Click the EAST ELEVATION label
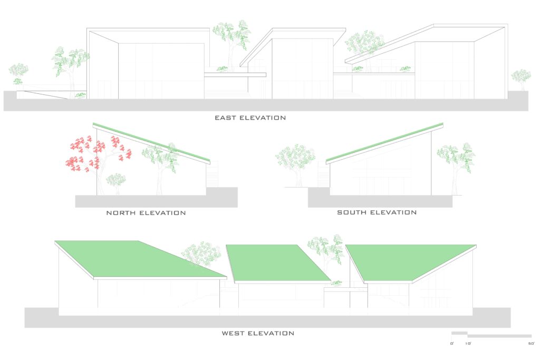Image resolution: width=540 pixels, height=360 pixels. [250, 118]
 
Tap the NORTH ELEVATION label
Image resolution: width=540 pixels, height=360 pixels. [146, 213]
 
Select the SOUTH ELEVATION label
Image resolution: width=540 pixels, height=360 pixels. [377, 212]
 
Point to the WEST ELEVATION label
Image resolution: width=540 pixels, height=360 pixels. [258, 333]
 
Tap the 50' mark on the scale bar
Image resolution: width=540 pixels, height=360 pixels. [532, 344]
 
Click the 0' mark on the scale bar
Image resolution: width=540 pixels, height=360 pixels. [452, 344]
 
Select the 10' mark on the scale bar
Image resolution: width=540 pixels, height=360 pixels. [468, 344]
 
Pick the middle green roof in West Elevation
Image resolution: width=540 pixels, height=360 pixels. [277, 264]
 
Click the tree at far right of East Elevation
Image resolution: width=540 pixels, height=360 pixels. [520, 79]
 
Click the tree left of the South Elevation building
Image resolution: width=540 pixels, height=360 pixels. [295, 163]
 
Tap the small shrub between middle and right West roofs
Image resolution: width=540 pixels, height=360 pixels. [336, 283]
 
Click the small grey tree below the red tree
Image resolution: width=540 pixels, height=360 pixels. [115, 182]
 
